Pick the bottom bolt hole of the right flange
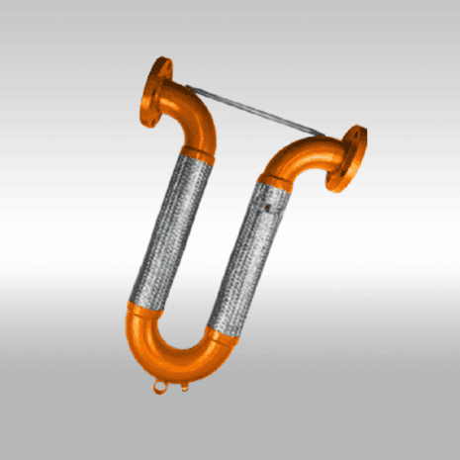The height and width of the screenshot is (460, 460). pos(348,184)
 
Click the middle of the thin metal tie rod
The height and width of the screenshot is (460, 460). pos(259,111)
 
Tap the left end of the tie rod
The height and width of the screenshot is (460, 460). pos(192,89)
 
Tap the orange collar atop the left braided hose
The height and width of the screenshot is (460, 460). pos(198,153)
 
